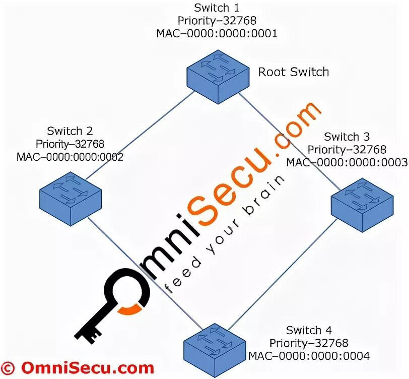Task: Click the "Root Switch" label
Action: [x=294, y=72]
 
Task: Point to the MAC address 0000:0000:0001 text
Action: [x=217, y=33]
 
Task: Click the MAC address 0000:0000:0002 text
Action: [x=70, y=156]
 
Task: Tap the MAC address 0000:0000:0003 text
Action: [x=347, y=162]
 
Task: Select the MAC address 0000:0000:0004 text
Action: [x=309, y=356]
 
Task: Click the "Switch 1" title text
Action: [x=217, y=8]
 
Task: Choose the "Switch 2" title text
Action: [x=70, y=131]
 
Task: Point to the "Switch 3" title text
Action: [x=347, y=137]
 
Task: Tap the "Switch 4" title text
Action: [x=309, y=331]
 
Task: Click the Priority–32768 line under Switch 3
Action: [x=347, y=150]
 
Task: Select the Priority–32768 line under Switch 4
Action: [x=309, y=343]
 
